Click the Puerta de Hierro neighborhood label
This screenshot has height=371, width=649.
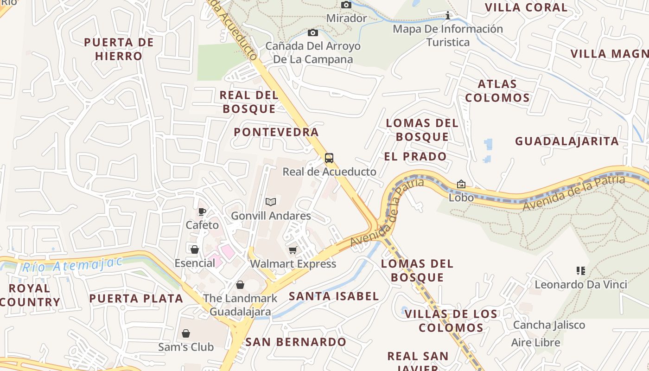pyautogui.click(x=119, y=49)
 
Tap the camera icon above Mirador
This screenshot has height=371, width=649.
pyautogui.click(x=346, y=5)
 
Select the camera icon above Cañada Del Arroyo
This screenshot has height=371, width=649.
pyautogui.click(x=313, y=32)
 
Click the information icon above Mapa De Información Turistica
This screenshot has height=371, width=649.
pyautogui.click(x=447, y=16)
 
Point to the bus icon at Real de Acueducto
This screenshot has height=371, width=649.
pyautogui.click(x=329, y=158)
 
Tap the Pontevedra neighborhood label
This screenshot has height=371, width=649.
pyautogui.click(x=276, y=132)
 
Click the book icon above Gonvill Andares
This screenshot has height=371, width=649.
pyautogui.click(x=271, y=202)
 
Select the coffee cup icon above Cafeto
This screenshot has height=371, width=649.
pyautogui.click(x=202, y=212)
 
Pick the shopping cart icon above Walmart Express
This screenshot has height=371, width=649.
pyautogui.click(x=293, y=250)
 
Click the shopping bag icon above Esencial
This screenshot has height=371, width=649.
pyautogui.click(x=195, y=249)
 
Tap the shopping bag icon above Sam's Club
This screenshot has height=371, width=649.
pyautogui.click(x=186, y=333)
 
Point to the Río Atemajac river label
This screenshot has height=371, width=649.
pyautogui.click(x=72, y=265)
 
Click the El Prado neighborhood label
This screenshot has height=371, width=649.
pyautogui.click(x=415, y=157)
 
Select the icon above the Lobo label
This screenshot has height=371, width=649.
pyautogui.click(x=461, y=184)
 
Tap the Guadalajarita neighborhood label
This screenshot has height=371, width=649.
pyautogui.click(x=567, y=141)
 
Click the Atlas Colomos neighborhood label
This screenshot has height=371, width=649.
pyautogui.click(x=497, y=91)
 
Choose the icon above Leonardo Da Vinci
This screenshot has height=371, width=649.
pyautogui.click(x=580, y=270)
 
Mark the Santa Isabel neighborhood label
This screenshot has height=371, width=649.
pyautogui.click(x=334, y=296)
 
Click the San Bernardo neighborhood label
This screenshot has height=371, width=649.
pyautogui.click(x=296, y=342)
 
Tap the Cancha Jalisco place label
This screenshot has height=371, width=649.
pyautogui.click(x=549, y=325)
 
